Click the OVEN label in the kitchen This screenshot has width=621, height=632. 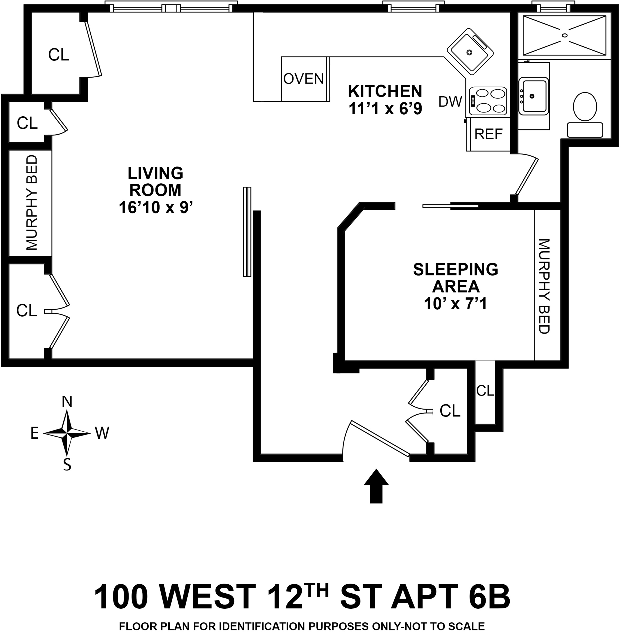[x=303, y=79]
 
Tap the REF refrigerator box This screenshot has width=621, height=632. [x=488, y=134]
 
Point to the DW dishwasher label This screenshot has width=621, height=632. [x=450, y=102]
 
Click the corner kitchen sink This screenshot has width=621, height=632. [x=470, y=51]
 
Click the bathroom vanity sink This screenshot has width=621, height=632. [x=533, y=96]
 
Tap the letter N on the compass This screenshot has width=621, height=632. [x=67, y=402]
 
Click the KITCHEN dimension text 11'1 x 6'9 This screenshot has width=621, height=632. [x=385, y=109]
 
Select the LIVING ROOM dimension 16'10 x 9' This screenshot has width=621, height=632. [x=156, y=208]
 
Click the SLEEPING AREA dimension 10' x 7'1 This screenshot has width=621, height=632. [x=455, y=304]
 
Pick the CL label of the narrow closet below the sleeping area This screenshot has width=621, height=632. [x=485, y=390]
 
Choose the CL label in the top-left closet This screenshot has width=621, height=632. [x=59, y=55]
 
